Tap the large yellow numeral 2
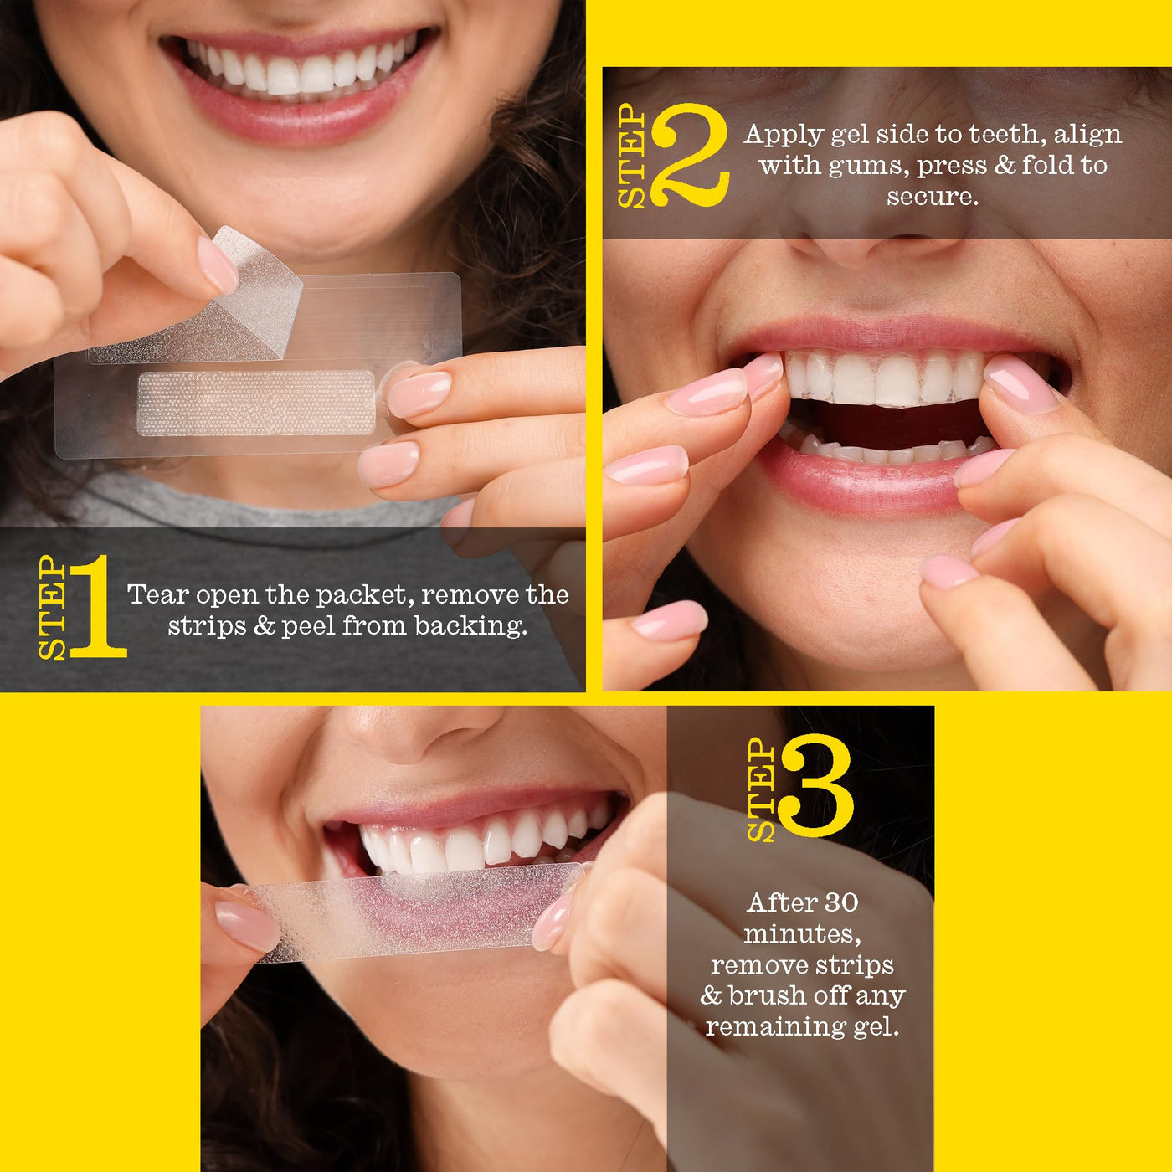pos(690,155)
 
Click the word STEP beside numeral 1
pos(52,608)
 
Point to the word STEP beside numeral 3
pos(761,789)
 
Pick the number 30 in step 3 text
pos(841,902)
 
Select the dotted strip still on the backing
pos(256,403)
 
